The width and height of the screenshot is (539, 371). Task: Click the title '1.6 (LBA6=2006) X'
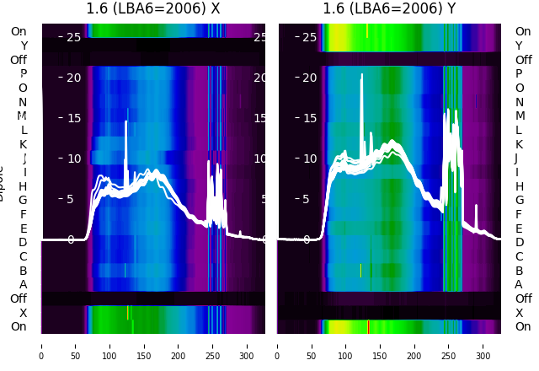point(153,9)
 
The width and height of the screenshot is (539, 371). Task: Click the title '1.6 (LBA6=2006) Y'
point(390,9)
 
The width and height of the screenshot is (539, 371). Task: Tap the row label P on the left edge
point(24,73)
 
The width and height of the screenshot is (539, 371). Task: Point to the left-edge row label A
point(24,284)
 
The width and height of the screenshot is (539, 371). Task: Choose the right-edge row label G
point(519,200)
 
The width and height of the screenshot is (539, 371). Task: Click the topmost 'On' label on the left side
point(19,31)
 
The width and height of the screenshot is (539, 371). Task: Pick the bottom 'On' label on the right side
point(523,326)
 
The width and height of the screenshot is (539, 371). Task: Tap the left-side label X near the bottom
point(24,313)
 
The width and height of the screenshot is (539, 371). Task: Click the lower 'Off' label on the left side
point(19,298)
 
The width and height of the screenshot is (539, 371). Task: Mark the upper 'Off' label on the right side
point(523,60)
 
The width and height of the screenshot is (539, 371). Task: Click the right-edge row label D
point(519,242)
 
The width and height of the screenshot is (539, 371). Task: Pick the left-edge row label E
point(24,229)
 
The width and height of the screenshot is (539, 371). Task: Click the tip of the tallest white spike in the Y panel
point(363,75)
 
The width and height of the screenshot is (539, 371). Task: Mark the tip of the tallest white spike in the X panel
point(126,121)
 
